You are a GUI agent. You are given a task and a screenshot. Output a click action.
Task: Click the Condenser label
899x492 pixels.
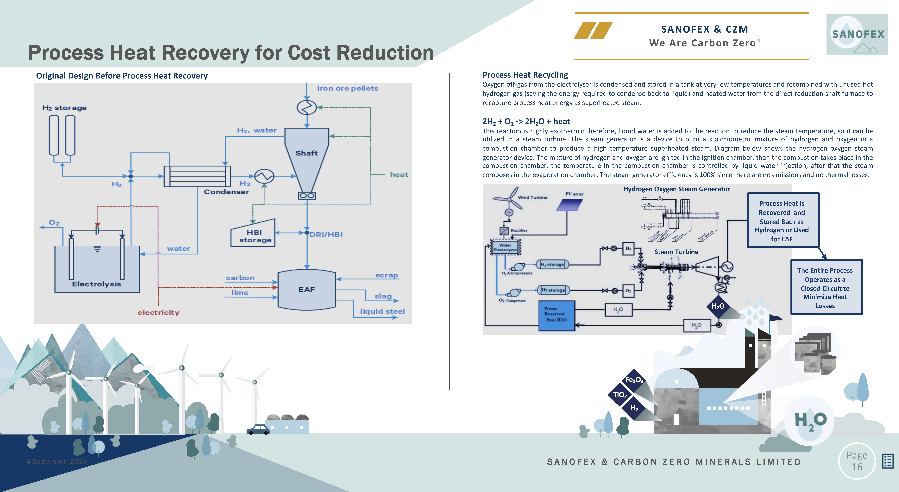pyautogui.click(x=226, y=192)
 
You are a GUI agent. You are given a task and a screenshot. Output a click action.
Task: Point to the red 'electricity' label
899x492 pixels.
pyautogui.click(x=158, y=312)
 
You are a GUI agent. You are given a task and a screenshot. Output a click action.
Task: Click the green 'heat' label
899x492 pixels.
pyautogui.click(x=399, y=175)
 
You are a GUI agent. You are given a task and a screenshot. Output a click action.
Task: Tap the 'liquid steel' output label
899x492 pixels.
pyautogui.click(x=382, y=311)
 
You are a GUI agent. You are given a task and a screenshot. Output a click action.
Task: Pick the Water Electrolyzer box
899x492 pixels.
pyautogui.click(x=505, y=247)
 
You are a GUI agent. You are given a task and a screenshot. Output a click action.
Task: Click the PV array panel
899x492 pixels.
pyautogui.click(x=569, y=205)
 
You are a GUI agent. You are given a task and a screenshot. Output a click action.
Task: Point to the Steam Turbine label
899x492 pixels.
pyautogui.click(x=676, y=252)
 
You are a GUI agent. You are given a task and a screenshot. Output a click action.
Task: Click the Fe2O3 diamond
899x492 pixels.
pyautogui.click(x=634, y=380)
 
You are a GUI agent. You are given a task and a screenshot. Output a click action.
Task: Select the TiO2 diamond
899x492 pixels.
pyautogui.click(x=620, y=395)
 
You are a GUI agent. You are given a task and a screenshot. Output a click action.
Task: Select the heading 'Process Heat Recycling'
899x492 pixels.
pyautogui.click(x=525, y=75)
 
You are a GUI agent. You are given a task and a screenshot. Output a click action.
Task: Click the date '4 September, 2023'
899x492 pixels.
pyautogui.click(x=57, y=462)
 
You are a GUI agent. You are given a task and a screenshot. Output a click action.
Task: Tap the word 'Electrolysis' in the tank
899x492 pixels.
pyautogui.click(x=97, y=284)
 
